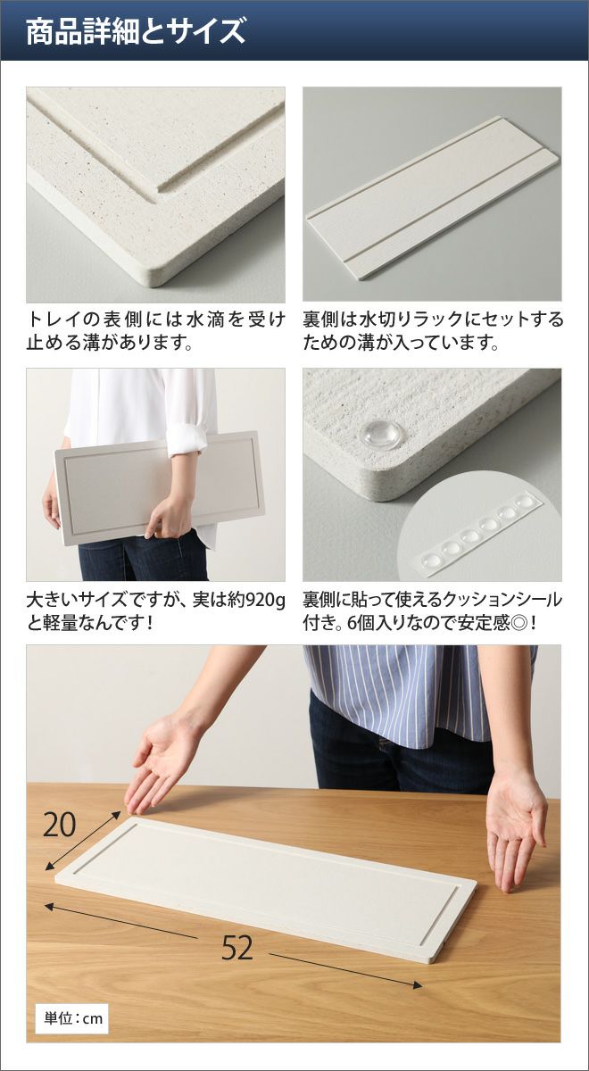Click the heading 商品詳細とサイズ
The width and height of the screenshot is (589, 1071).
point(136,31)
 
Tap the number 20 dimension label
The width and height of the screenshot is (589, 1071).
point(59,826)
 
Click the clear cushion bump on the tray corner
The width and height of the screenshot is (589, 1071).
point(380,434)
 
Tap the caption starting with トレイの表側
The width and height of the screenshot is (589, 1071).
point(156,331)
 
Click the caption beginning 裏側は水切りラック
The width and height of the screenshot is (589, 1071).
point(433,331)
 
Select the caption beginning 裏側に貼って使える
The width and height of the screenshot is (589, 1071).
point(433,611)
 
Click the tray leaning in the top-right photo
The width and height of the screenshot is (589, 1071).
point(432,198)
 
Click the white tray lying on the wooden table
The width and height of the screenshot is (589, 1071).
point(266,880)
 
